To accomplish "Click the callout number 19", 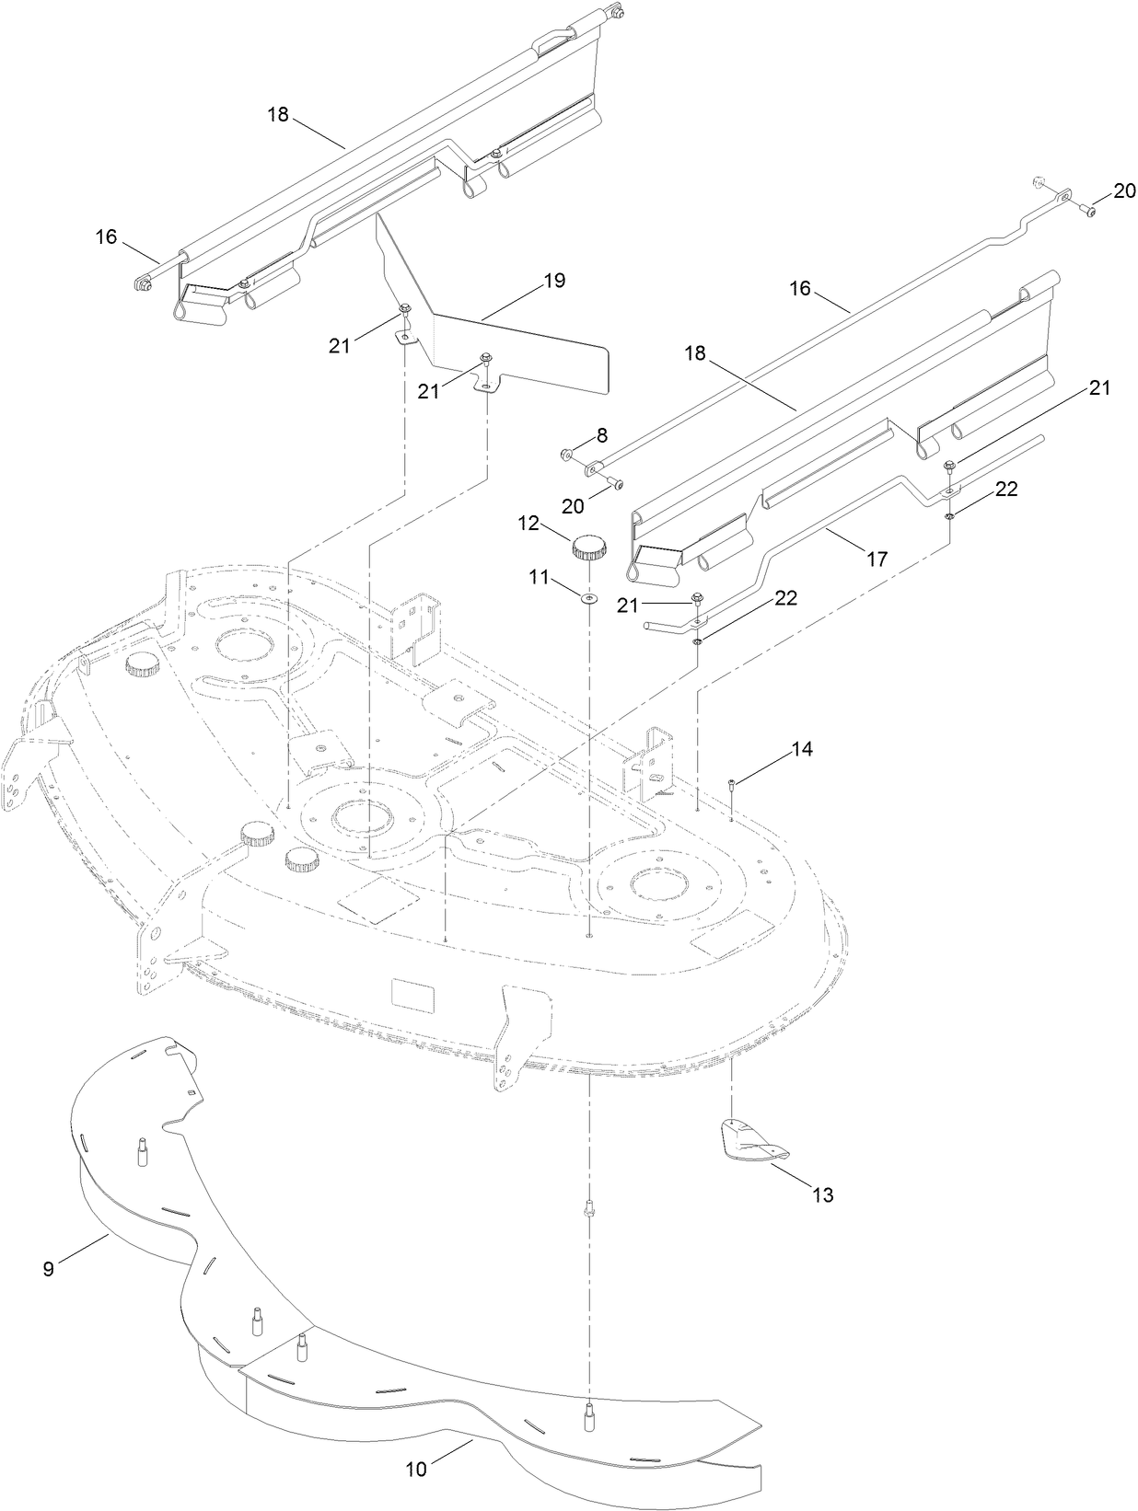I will click(554, 281).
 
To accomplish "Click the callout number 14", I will click(801, 749).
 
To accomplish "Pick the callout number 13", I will click(822, 1194).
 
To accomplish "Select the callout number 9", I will click(49, 1268).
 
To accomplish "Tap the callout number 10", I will click(416, 1470).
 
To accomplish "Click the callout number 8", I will click(602, 433).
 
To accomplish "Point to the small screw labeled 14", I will click(731, 784).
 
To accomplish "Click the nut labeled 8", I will click(566, 453).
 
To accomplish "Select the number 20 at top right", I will click(1124, 190).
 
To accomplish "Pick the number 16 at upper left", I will click(107, 236).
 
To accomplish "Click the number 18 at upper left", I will click(278, 115).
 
